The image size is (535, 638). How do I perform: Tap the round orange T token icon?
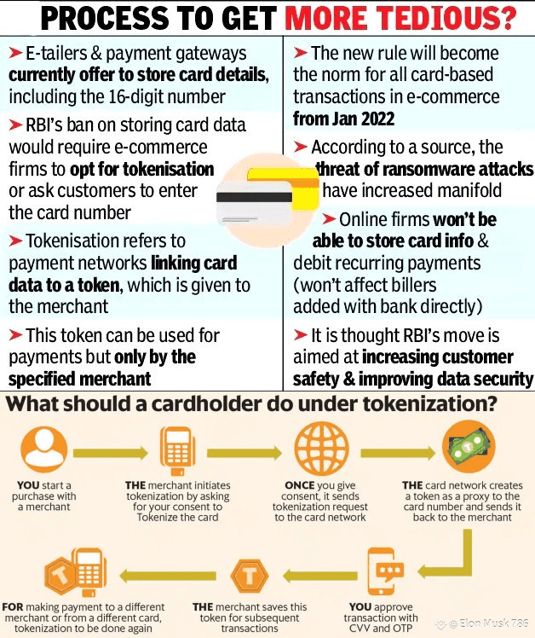point(250,574)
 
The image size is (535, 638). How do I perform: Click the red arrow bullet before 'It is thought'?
point(301,335)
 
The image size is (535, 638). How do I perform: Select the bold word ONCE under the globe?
point(300,484)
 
